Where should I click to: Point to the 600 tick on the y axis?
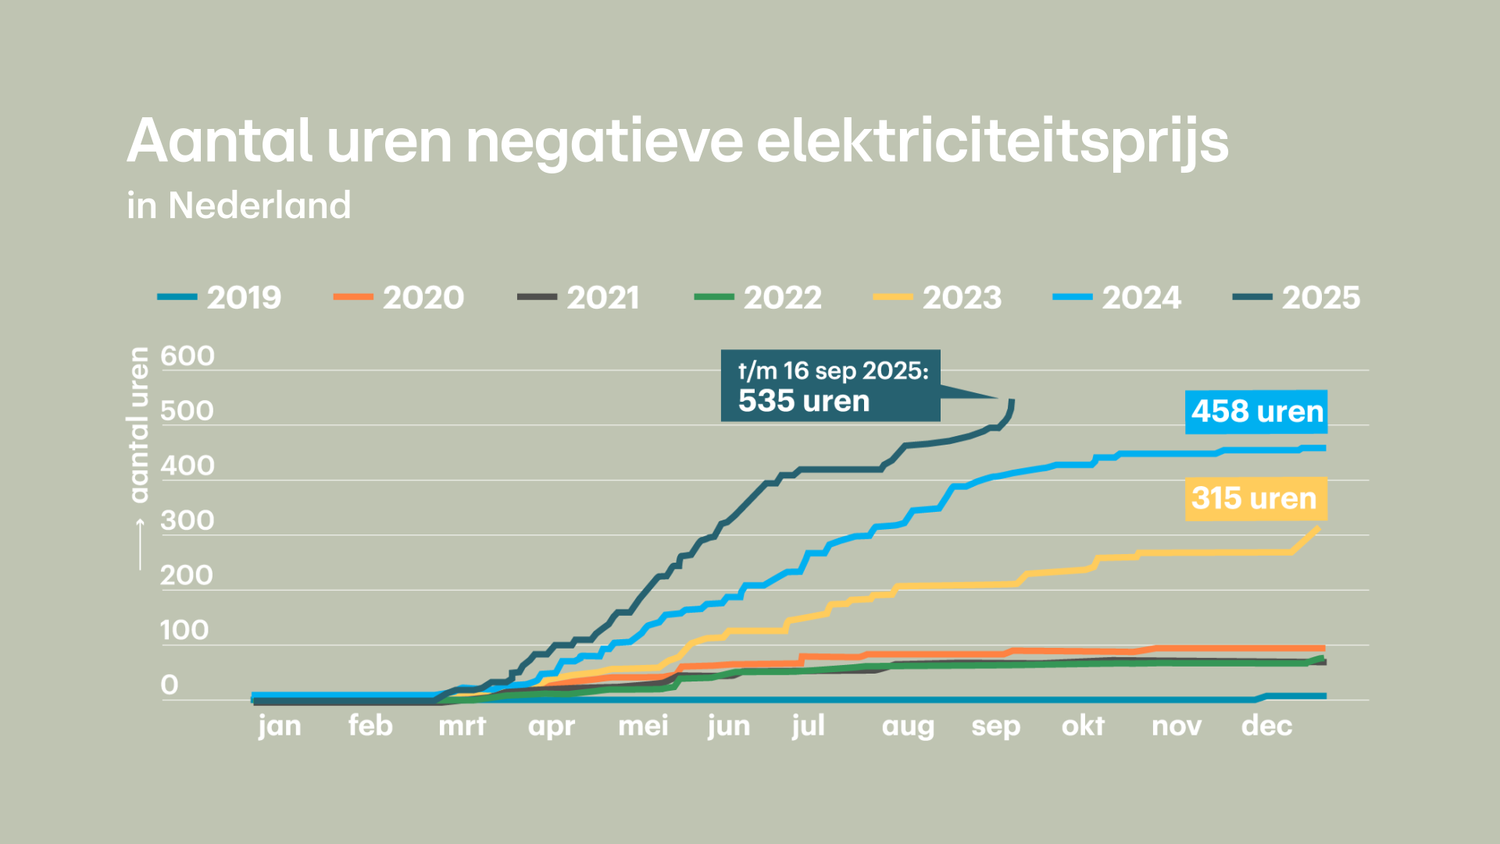coord(187,356)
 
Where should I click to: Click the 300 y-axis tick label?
coord(187,520)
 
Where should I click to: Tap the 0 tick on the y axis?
coord(170,685)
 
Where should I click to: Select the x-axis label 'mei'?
coord(643,726)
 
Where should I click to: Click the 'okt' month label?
coord(1083,726)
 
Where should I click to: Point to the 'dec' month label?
coord(1266,726)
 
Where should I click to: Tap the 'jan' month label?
coord(280,727)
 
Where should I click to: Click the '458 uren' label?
coord(1256,411)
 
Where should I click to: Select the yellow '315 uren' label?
coord(1255,498)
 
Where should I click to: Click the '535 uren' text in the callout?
coord(803,401)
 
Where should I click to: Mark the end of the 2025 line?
coord(1012,402)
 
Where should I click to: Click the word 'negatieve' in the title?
coord(604,142)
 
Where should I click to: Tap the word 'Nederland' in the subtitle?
coord(259,206)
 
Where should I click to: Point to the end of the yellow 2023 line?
coord(1317,529)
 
